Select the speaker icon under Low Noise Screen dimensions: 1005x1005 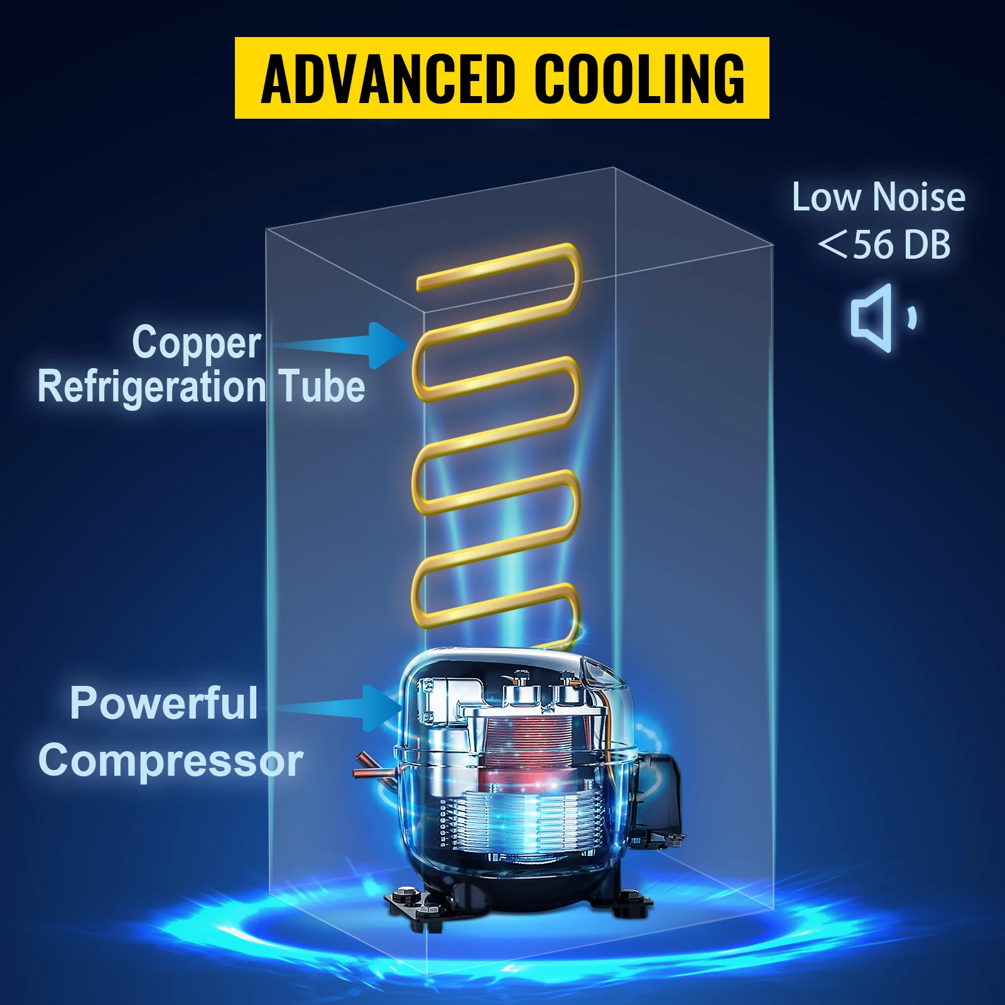[x=872, y=318]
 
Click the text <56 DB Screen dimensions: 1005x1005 [x=884, y=244]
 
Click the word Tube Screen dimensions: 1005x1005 [x=322, y=386]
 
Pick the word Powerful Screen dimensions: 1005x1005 [x=164, y=703]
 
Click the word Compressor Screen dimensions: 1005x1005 [x=171, y=761]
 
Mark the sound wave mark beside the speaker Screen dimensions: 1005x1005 [x=912, y=317]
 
